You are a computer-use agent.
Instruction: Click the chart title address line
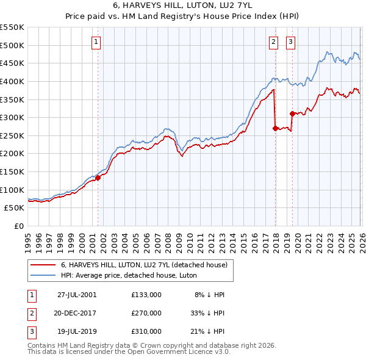click(183, 5)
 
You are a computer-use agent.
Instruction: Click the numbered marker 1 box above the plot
click(97, 42)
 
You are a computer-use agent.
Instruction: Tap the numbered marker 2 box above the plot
click(273, 42)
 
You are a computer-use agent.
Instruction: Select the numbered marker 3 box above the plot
click(290, 42)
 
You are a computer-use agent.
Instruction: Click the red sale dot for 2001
click(98, 178)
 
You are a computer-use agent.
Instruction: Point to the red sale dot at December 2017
click(275, 128)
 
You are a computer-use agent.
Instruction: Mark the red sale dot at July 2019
click(292, 113)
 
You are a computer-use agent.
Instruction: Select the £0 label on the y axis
click(18, 226)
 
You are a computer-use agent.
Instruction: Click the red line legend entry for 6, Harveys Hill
click(144, 265)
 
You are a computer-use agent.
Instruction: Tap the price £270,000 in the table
click(146, 313)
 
